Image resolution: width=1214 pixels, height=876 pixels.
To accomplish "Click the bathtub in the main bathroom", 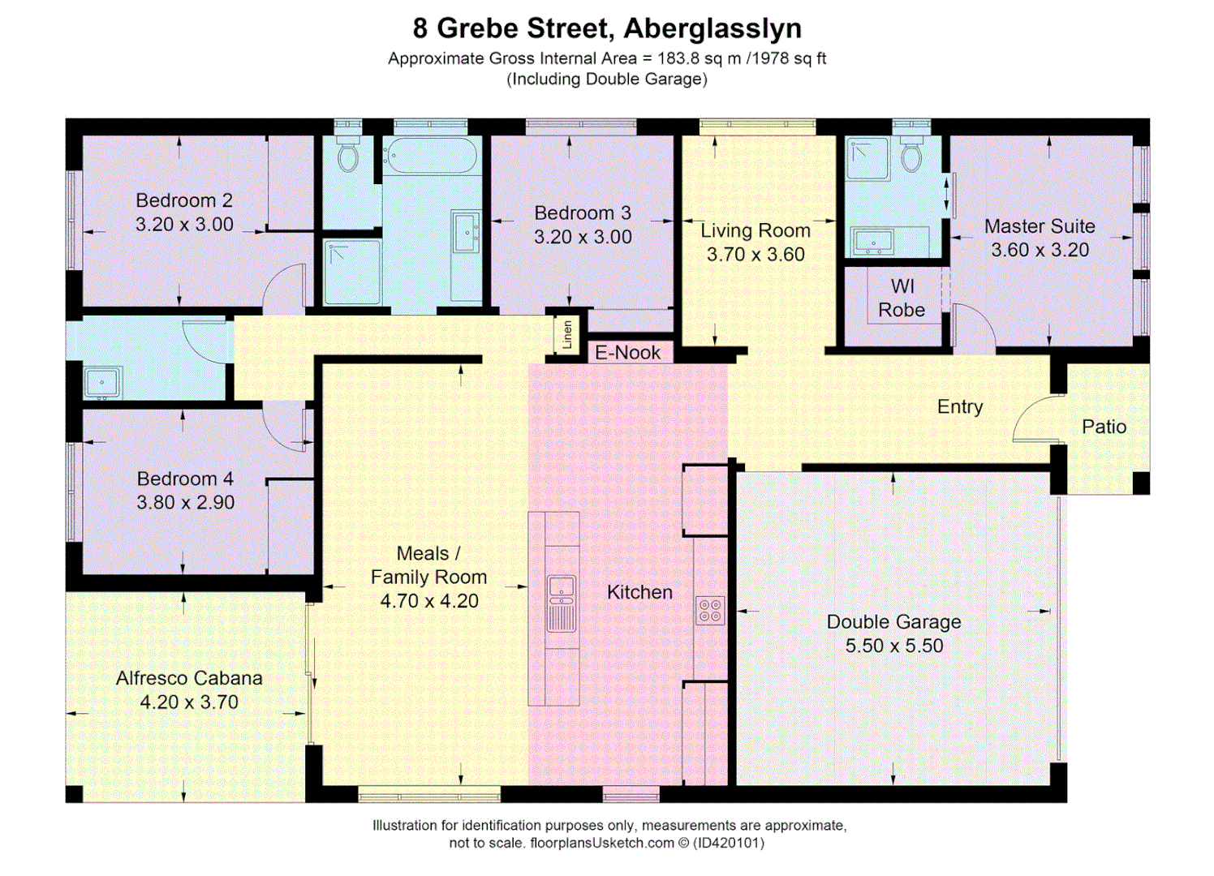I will click(x=430, y=155).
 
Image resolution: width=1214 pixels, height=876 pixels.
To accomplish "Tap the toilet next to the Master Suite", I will click(x=911, y=154).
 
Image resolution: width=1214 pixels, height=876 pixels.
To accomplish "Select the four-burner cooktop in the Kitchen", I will click(x=710, y=610).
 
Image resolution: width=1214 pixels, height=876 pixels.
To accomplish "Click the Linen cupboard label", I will click(x=567, y=334).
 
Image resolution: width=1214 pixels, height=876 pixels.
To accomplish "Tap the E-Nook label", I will click(x=627, y=353).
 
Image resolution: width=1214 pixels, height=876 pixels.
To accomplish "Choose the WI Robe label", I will click(x=902, y=298).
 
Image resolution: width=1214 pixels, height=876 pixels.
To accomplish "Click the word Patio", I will click(x=1104, y=427).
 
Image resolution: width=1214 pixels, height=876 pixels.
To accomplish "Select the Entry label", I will click(x=959, y=406).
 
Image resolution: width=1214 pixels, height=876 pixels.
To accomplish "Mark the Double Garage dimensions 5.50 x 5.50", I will click(x=894, y=646).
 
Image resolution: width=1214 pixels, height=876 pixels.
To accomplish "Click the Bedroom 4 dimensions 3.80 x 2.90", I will click(x=185, y=502).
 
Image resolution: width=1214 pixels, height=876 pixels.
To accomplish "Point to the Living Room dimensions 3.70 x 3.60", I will click(x=756, y=254).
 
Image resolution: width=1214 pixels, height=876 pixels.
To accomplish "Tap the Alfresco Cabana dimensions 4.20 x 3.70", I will click(x=189, y=702).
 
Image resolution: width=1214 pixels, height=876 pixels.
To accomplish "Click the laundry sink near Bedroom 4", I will click(x=102, y=382).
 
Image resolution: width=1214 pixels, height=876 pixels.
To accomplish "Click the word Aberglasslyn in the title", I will click(x=712, y=28).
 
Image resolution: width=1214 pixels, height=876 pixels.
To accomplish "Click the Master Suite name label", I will click(x=1040, y=226).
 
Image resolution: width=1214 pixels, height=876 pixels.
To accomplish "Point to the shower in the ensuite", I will click(x=867, y=158).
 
